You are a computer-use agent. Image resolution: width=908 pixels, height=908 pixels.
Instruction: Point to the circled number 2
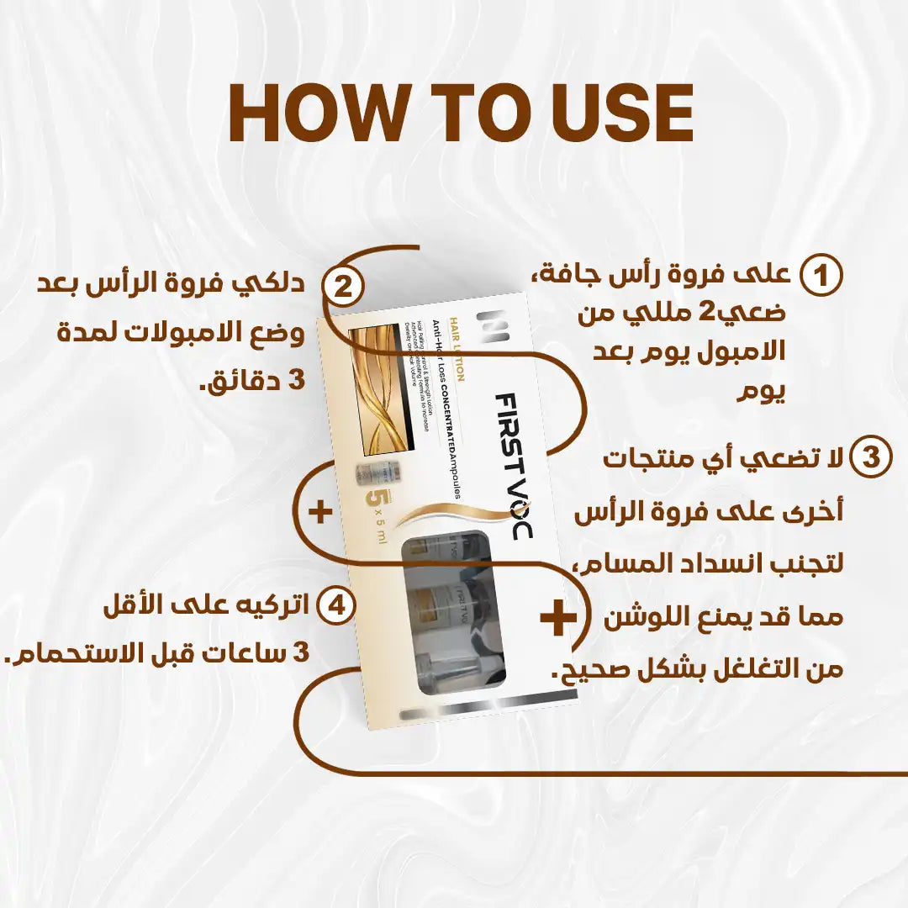point(342,287)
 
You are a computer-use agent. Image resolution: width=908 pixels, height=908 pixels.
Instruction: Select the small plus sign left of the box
point(320,512)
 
